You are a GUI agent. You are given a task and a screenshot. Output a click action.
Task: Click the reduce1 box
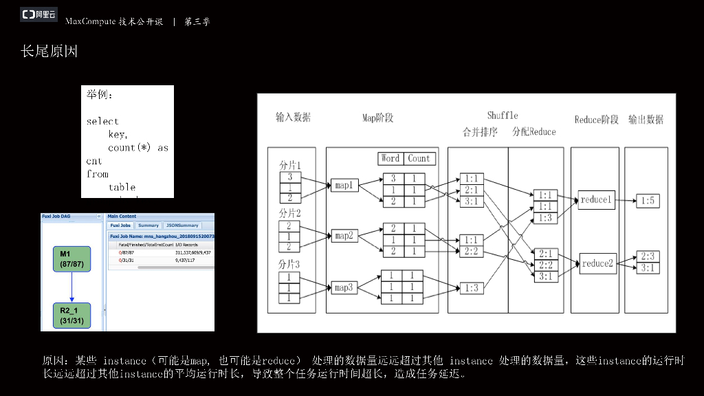point(596,200)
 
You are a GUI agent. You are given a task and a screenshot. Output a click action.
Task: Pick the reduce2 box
point(596,263)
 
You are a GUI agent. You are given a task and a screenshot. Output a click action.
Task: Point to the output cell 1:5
point(648,201)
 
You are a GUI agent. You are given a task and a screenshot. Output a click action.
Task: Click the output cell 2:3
point(648,256)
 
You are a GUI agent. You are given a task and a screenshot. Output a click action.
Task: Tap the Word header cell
point(390,158)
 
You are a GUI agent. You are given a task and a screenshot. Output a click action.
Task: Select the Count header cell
point(419,158)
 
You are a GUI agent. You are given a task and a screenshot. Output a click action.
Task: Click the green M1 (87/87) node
point(71,258)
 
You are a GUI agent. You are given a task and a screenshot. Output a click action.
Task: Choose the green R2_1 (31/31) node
point(71,315)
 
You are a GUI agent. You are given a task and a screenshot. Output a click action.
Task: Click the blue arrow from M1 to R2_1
point(71,287)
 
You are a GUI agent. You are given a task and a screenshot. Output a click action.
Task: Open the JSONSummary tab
point(182,225)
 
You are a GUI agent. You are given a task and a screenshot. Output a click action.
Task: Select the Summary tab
point(148,225)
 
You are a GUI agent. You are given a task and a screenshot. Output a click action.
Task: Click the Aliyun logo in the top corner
point(39,14)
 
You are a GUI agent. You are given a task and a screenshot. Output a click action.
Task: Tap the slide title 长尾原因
point(49,52)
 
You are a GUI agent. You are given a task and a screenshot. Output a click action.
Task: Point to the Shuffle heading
point(503,115)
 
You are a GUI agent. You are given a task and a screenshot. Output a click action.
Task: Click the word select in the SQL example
point(102,122)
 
